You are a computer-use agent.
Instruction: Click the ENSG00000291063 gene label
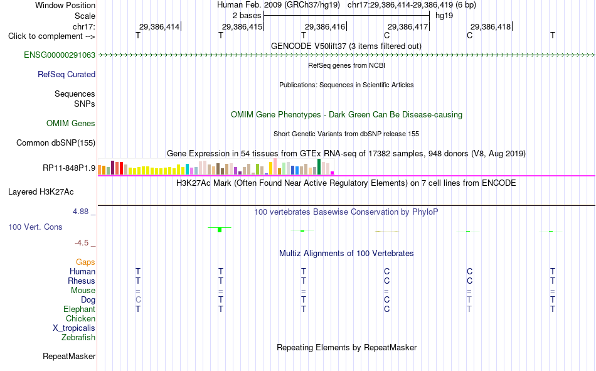(x=60, y=55)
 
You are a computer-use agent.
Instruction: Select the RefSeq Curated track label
(x=66, y=74)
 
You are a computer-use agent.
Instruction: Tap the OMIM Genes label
(x=70, y=123)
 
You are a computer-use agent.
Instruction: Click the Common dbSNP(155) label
(x=55, y=142)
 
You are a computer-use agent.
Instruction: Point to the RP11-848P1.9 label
(x=69, y=168)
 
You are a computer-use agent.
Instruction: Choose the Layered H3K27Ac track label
(x=41, y=192)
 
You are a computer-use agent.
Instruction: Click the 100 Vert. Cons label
(x=35, y=227)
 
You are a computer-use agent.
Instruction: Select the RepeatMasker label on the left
(x=69, y=356)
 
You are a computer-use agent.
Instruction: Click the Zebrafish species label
(x=78, y=337)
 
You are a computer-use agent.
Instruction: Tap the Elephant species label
(x=79, y=309)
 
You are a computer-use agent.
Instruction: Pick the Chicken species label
(x=80, y=318)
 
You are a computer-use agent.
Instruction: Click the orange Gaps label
(x=85, y=262)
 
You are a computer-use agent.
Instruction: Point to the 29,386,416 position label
(x=325, y=26)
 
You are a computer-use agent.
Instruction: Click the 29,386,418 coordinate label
(x=491, y=26)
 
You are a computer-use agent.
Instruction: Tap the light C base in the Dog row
(x=138, y=300)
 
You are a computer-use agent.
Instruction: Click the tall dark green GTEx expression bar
(x=319, y=166)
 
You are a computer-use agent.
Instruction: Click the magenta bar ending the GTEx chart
(x=333, y=173)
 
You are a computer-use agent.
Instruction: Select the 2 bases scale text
(x=247, y=16)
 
